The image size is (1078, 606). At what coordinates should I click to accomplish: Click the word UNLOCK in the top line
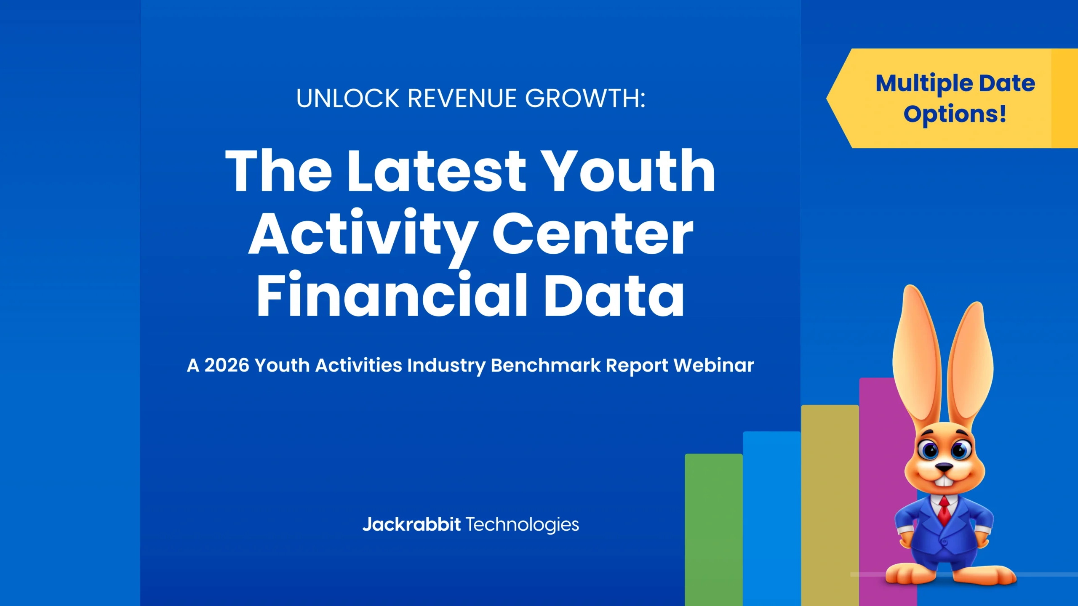tap(347, 98)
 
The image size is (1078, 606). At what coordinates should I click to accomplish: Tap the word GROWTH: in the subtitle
tap(585, 98)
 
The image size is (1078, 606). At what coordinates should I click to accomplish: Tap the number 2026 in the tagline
tap(227, 365)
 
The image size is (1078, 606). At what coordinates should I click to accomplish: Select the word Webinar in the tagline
tap(714, 365)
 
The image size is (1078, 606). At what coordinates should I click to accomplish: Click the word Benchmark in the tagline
tap(545, 365)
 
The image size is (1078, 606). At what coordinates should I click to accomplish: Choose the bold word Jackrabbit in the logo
tap(411, 524)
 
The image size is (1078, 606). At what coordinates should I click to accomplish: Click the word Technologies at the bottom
tap(522, 524)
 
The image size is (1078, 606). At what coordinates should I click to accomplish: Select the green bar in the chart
tap(713, 530)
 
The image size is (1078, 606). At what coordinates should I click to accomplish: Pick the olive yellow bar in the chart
tap(830, 505)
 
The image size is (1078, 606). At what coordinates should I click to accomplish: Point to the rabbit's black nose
tap(944, 467)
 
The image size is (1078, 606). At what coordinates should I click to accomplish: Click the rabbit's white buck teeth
tap(944, 481)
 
